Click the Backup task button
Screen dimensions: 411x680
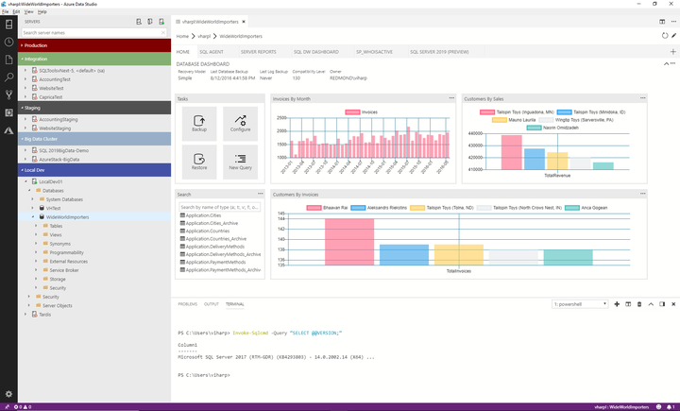(198, 125)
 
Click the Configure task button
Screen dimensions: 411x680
(240, 125)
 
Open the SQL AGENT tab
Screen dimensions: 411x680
(211, 52)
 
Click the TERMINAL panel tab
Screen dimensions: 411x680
(234, 304)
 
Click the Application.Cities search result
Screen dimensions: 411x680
(203, 215)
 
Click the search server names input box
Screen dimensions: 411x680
(94, 32)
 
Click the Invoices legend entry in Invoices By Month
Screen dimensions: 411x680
(362, 111)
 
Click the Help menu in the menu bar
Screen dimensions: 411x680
(42, 11)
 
